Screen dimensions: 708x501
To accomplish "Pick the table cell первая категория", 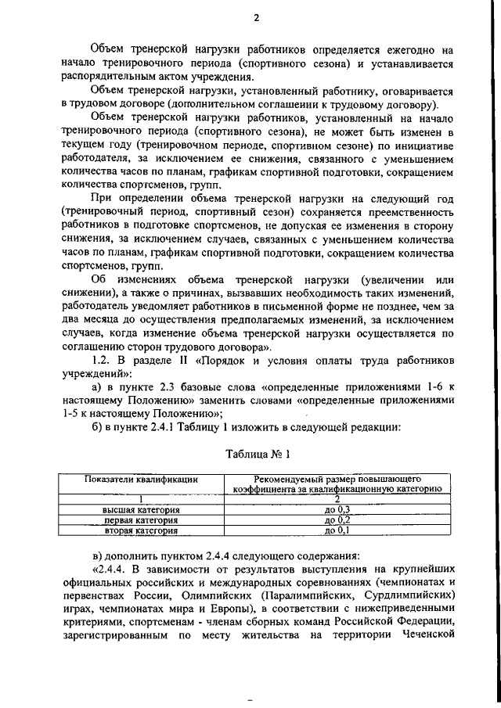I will tap(141, 519).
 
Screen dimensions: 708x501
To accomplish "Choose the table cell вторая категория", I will tap(141, 530).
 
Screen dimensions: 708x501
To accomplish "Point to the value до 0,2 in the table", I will tap(337, 519).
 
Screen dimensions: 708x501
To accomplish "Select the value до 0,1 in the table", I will tap(337, 530).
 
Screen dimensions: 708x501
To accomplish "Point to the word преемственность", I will tap(406, 213).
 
